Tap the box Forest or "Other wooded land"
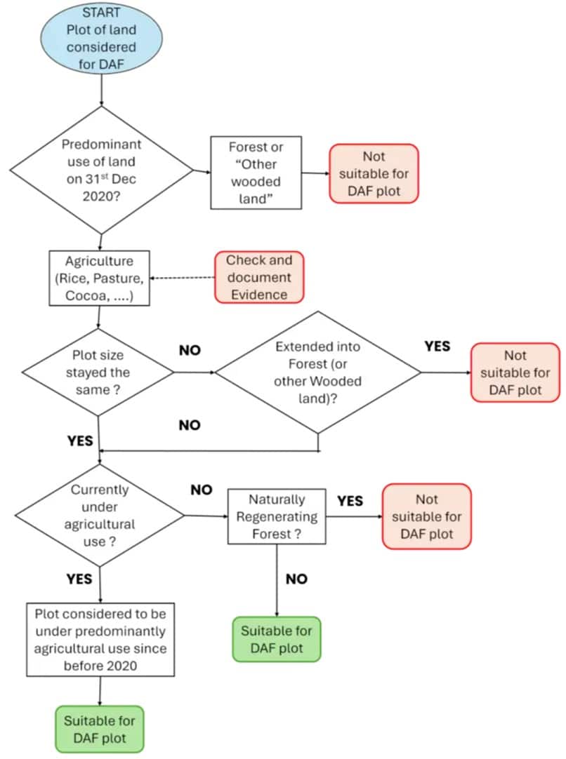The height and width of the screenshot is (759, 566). (x=256, y=173)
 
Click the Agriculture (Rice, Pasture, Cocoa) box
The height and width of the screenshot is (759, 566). (x=98, y=278)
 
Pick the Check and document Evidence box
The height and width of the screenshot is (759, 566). (x=260, y=277)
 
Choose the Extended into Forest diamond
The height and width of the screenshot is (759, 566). (x=317, y=372)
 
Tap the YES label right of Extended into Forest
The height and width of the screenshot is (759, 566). (x=437, y=347)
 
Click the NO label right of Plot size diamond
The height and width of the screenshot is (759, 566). (x=190, y=350)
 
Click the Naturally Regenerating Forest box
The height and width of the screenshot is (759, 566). (x=277, y=517)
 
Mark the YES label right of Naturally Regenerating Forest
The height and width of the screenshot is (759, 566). (x=350, y=501)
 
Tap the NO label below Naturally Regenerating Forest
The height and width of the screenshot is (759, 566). (x=297, y=579)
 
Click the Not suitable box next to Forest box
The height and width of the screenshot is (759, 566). (x=374, y=173)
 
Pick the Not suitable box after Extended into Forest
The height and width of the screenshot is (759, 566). (x=515, y=372)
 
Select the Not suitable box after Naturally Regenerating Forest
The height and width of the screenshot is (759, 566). (x=426, y=516)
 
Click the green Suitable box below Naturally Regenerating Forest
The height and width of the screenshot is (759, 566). (x=277, y=639)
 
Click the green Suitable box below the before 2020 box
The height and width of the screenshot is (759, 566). (x=99, y=729)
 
